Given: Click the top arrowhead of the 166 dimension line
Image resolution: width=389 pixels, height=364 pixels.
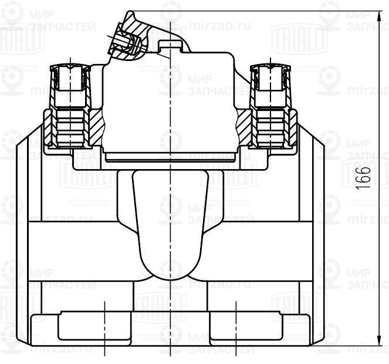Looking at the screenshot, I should (376, 14).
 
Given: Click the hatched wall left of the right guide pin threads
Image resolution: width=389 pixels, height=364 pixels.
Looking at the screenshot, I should (245, 126).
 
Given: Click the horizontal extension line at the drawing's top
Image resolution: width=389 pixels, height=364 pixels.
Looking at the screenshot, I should (264, 11).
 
